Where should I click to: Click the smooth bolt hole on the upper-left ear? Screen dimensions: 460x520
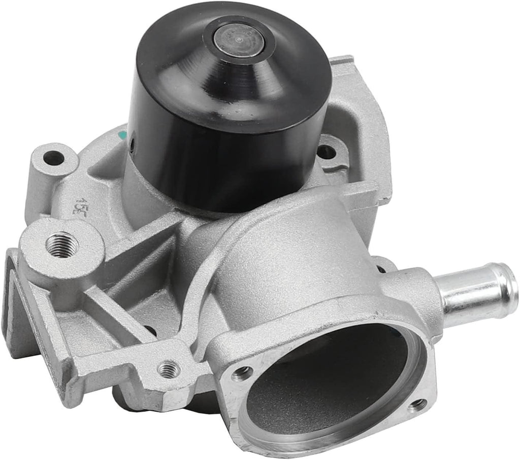click(x=54, y=159)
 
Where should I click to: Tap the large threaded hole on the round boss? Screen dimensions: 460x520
click(x=62, y=244)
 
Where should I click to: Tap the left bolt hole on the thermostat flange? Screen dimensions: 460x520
click(x=242, y=374)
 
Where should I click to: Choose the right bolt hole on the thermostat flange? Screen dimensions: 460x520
click(x=417, y=404)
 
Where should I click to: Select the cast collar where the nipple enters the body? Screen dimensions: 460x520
click(x=416, y=294)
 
